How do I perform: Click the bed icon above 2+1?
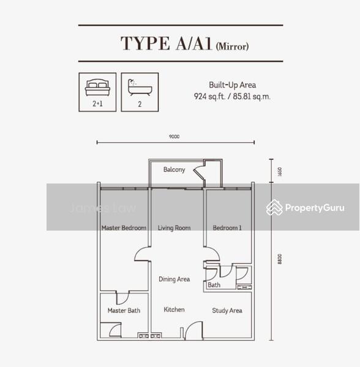click(97, 87)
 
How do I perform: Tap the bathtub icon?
click(140, 87)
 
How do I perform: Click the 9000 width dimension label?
click(174, 136)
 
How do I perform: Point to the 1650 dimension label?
click(279, 171)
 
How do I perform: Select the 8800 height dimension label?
click(279, 259)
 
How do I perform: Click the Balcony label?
click(174, 169)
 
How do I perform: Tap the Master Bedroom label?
click(124, 228)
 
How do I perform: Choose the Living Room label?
click(174, 228)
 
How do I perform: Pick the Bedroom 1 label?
click(227, 228)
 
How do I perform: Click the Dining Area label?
click(174, 279)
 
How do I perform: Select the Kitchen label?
click(174, 310)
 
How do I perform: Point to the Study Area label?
click(227, 311)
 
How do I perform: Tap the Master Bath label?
click(124, 310)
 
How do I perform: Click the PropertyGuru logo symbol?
click(274, 207)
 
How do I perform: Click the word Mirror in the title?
click(232, 46)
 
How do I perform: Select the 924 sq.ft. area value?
click(209, 96)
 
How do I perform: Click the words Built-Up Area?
click(233, 85)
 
